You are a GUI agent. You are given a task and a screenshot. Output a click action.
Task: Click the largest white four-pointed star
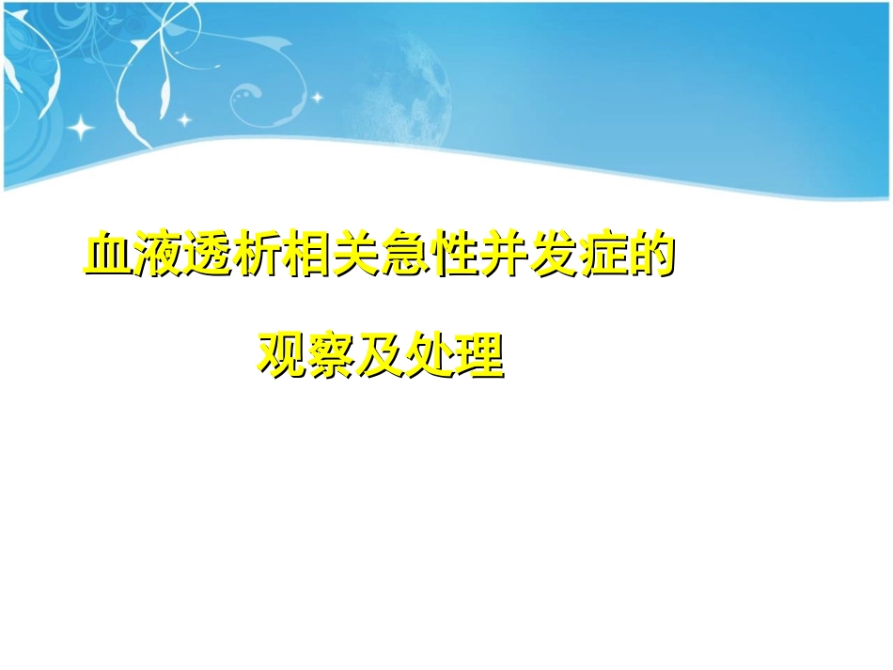coord(80,126)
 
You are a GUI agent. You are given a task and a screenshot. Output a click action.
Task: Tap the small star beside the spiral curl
coord(317,97)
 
